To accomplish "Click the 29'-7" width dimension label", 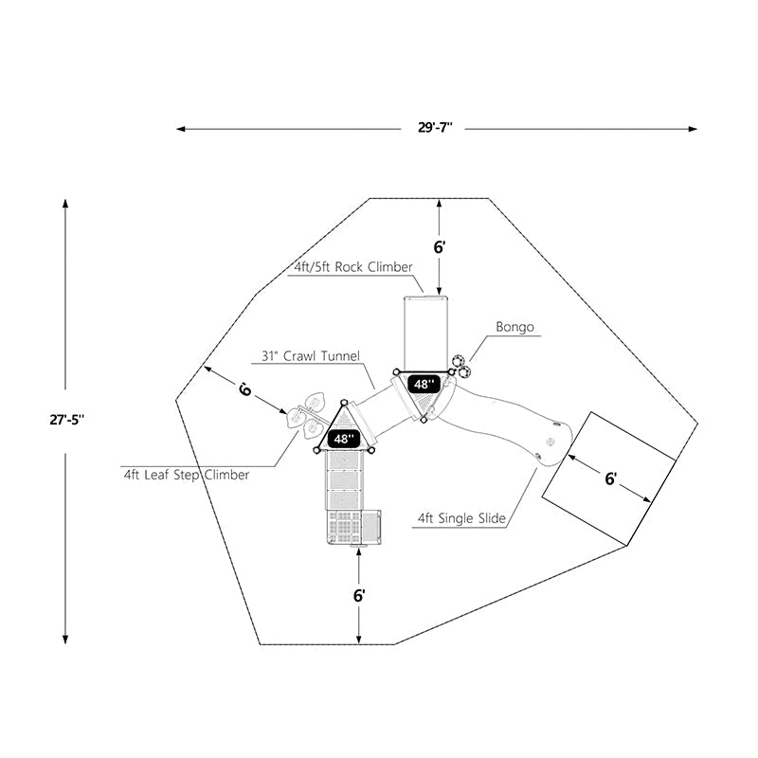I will coord(436,128).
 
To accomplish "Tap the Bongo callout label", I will coord(515,328).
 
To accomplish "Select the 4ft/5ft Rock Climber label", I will coord(352,267).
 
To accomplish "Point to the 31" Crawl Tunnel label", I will coord(311,356).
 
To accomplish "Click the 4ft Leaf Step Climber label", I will coord(186,475).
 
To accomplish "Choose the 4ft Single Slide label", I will coord(461,518).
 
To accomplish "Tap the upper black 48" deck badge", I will coord(424,384).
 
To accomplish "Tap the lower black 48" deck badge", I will coord(344,439).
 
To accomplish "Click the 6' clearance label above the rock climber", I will coord(440,246).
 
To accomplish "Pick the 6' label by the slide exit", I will coord(611,478).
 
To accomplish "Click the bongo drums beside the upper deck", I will coord(461,367).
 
